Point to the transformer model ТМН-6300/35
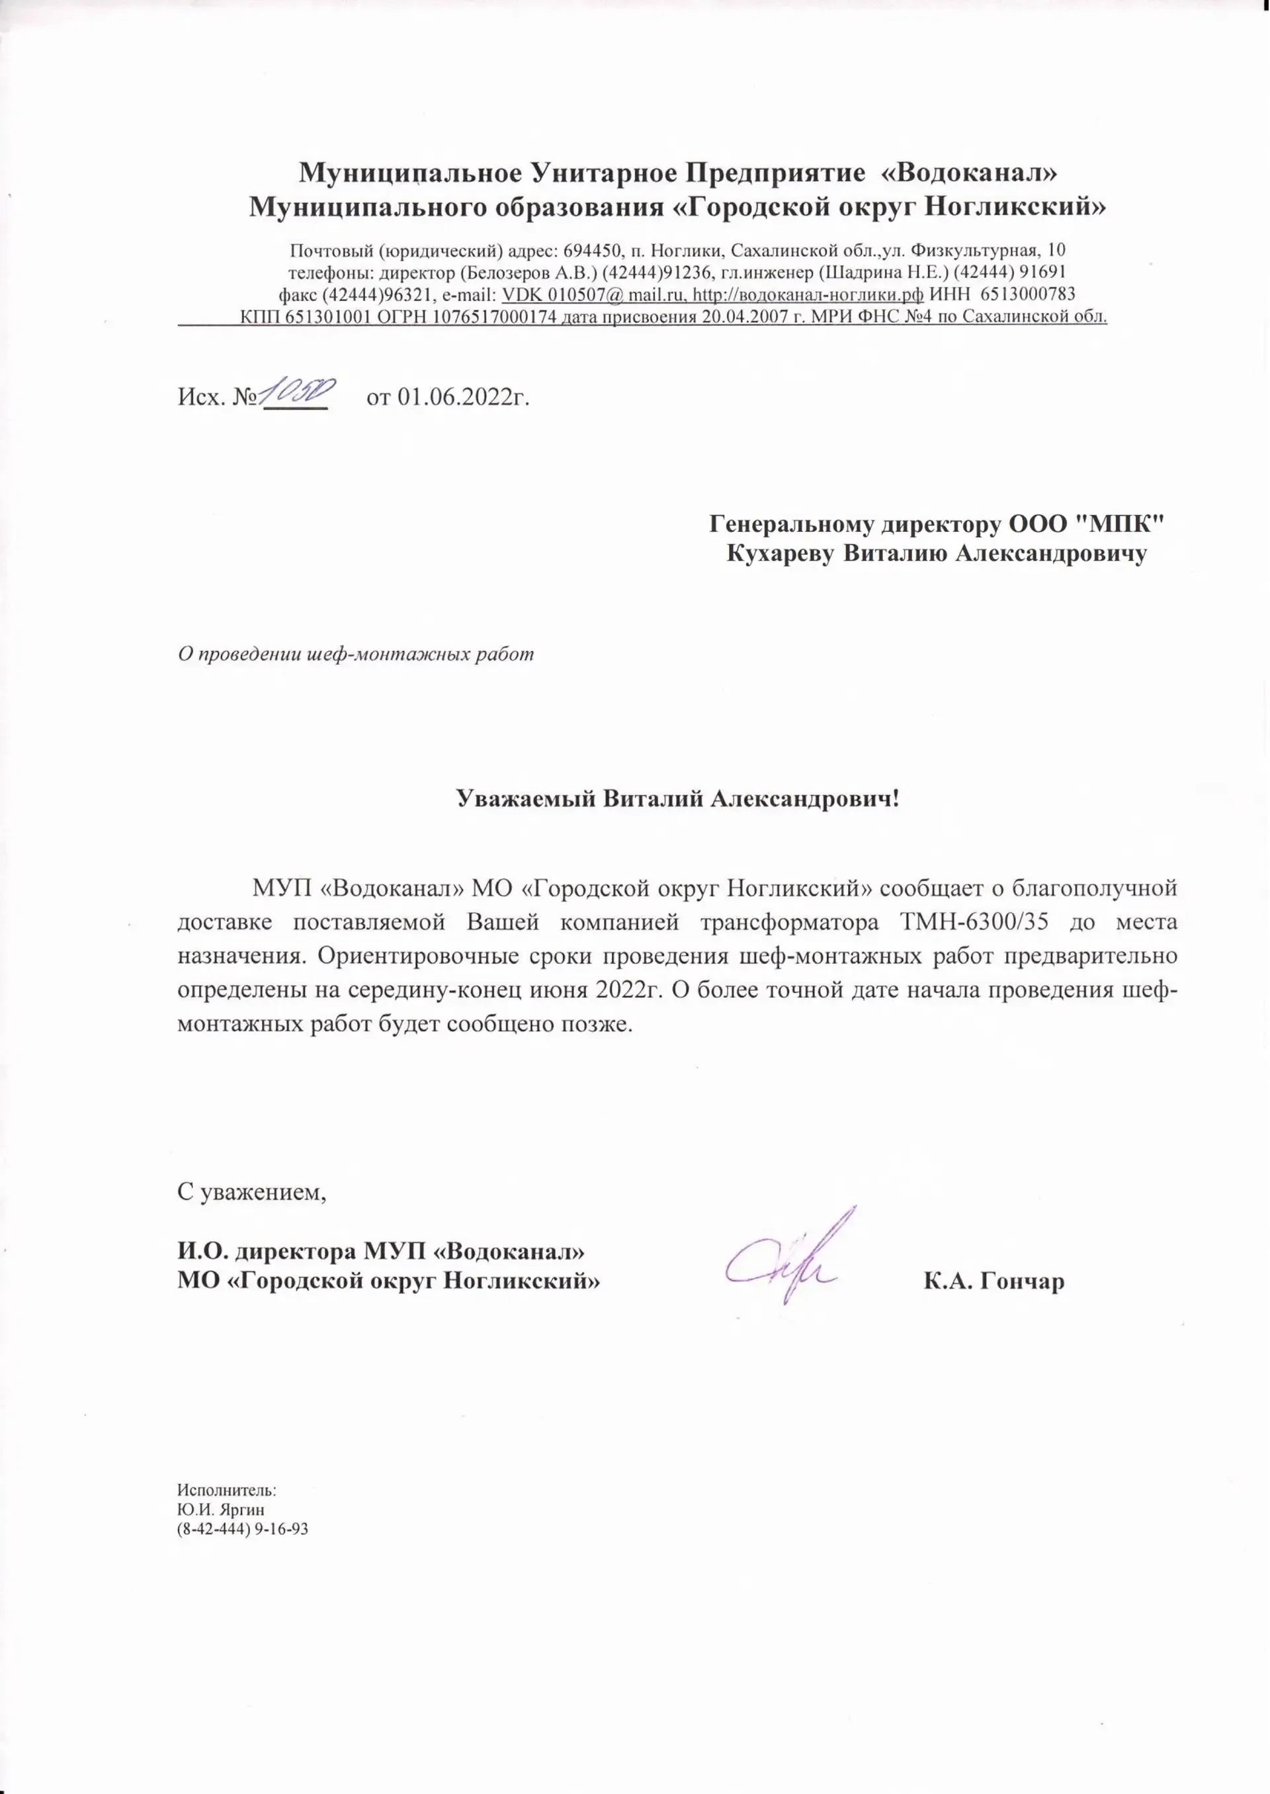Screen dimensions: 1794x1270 (973, 922)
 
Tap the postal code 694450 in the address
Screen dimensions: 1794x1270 (592, 251)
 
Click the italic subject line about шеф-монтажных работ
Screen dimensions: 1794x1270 (356, 653)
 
